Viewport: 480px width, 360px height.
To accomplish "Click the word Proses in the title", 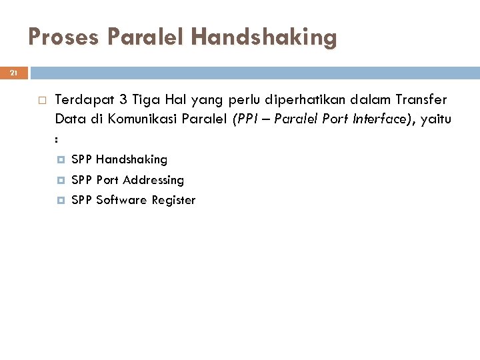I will (63, 37).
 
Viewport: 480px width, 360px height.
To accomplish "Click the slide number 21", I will (14, 73).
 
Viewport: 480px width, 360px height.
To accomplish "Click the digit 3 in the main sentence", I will (123, 101).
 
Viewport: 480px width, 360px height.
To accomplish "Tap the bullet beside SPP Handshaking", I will (61, 160).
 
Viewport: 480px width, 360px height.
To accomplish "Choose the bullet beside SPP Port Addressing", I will (61, 180).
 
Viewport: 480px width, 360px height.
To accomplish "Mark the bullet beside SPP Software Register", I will (61, 200).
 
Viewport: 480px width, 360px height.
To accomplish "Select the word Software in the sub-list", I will (121, 200).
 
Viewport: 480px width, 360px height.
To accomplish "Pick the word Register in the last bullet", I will (173, 200).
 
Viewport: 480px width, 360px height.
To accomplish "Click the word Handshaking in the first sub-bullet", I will (131, 159).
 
